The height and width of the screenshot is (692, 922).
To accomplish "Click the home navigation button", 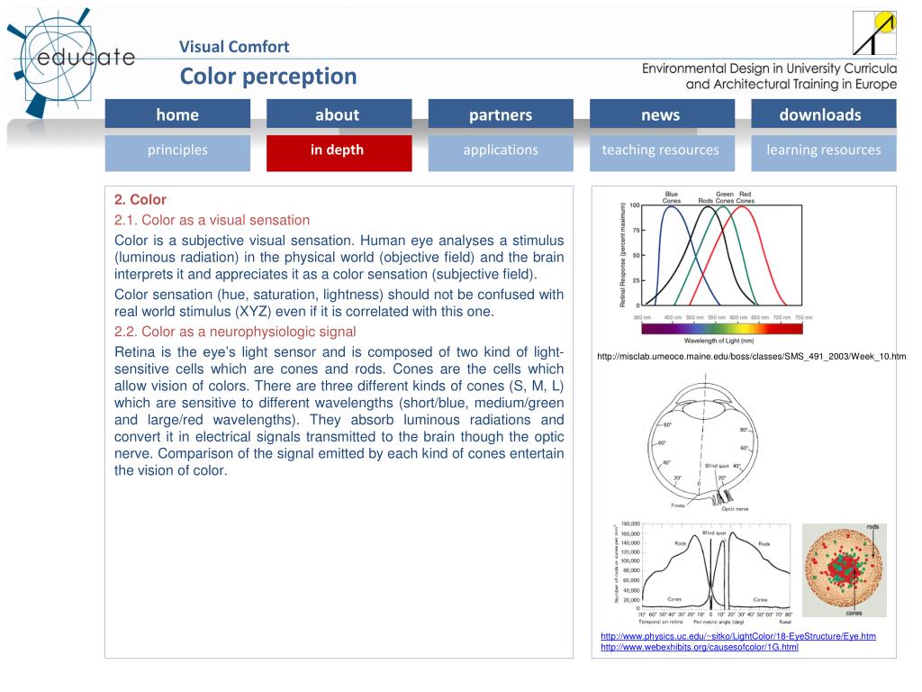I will [x=177, y=114].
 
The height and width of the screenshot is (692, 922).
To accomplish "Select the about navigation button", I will [x=338, y=114].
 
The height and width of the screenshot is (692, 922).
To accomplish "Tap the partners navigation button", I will [x=501, y=114].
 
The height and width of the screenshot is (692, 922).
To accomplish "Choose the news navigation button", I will [x=661, y=114].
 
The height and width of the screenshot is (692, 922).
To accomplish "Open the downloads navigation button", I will [x=820, y=114].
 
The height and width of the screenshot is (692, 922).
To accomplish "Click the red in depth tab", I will [x=338, y=150].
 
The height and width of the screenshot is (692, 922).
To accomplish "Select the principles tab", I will [x=177, y=150].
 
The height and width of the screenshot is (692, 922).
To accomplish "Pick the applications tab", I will [x=501, y=150].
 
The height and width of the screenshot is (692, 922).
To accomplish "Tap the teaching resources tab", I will [x=661, y=150].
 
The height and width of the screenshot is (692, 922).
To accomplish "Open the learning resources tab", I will [x=824, y=150].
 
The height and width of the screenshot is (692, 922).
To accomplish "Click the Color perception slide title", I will [x=268, y=77].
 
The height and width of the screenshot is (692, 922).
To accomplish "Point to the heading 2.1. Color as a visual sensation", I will [x=212, y=220].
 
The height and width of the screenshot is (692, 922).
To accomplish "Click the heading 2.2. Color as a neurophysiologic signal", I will [x=236, y=331].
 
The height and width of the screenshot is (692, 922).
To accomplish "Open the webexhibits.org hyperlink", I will [x=700, y=647].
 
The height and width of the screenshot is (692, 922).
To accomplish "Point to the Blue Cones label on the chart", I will [x=672, y=196].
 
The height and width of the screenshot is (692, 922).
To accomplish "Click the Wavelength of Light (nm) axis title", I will [x=719, y=341].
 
